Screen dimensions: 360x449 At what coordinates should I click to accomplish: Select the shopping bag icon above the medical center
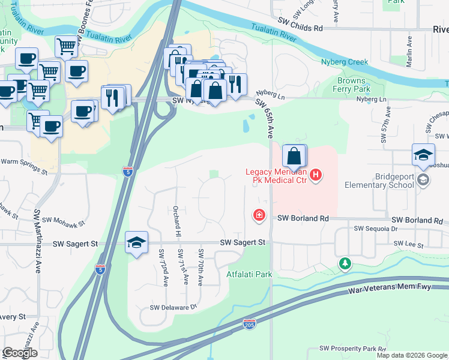[x=294, y=157]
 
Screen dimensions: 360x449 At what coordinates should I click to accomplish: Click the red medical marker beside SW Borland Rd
[x=259, y=215]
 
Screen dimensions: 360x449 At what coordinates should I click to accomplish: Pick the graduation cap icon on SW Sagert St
[x=136, y=243]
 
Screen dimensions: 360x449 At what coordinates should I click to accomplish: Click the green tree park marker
[x=345, y=263]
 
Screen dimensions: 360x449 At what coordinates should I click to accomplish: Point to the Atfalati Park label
[x=249, y=275]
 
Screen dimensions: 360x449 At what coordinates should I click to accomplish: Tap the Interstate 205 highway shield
[x=250, y=323]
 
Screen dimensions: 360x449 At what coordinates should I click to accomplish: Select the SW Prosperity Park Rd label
[x=352, y=349]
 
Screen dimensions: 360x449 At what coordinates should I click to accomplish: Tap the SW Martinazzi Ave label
[x=38, y=240]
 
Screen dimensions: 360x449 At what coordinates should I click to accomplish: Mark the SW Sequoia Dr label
[x=376, y=229]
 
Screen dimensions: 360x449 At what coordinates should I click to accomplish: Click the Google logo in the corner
[x=19, y=353]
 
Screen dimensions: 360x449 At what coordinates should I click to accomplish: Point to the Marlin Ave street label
[x=409, y=51]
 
